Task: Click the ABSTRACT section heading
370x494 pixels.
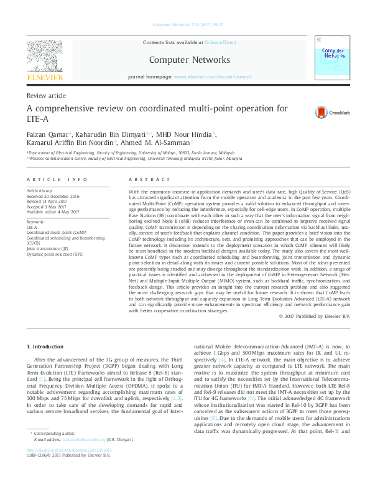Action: pos(144,179)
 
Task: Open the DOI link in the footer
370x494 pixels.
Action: pos(69,467)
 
